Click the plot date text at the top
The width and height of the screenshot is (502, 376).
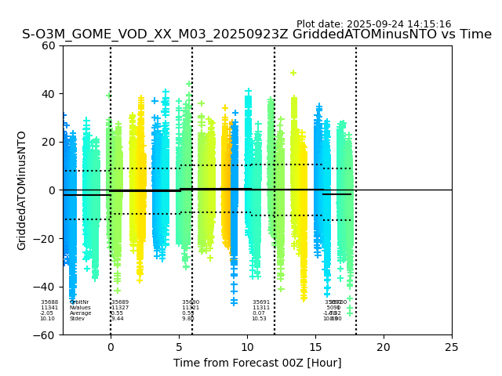(x=373, y=24)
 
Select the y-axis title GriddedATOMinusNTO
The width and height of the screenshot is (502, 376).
(x=22, y=190)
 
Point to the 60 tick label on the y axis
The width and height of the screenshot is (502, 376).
(x=48, y=45)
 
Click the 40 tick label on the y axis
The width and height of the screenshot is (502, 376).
(x=48, y=94)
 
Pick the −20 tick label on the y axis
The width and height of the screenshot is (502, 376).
(x=45, y=239)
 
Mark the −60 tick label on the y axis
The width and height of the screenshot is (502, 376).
(x=45, y=335)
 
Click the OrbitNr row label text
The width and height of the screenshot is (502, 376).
(x=79, y=302)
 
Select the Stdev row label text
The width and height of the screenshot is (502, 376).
(x=77, y=319)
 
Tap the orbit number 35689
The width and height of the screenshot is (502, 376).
(x=120, y=302)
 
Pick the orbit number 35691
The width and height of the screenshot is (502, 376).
(x=261, y=302)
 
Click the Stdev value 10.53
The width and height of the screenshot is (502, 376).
(x=259, y=319)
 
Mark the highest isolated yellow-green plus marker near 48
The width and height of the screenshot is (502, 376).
(x=293, y=73)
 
